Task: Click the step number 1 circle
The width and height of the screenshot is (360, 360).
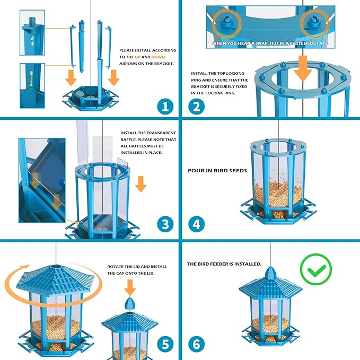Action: [x=165, y=106]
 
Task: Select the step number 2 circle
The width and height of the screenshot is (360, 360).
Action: [x=196, y=106]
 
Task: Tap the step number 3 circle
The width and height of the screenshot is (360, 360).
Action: [x=165, y=224]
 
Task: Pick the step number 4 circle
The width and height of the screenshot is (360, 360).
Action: [x=196, y=224]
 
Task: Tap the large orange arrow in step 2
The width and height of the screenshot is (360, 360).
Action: [x=303, y=67]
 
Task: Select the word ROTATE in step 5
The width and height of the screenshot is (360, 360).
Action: [x=116, y=266]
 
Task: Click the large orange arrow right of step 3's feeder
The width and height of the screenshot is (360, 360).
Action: [x=141, y=184]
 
